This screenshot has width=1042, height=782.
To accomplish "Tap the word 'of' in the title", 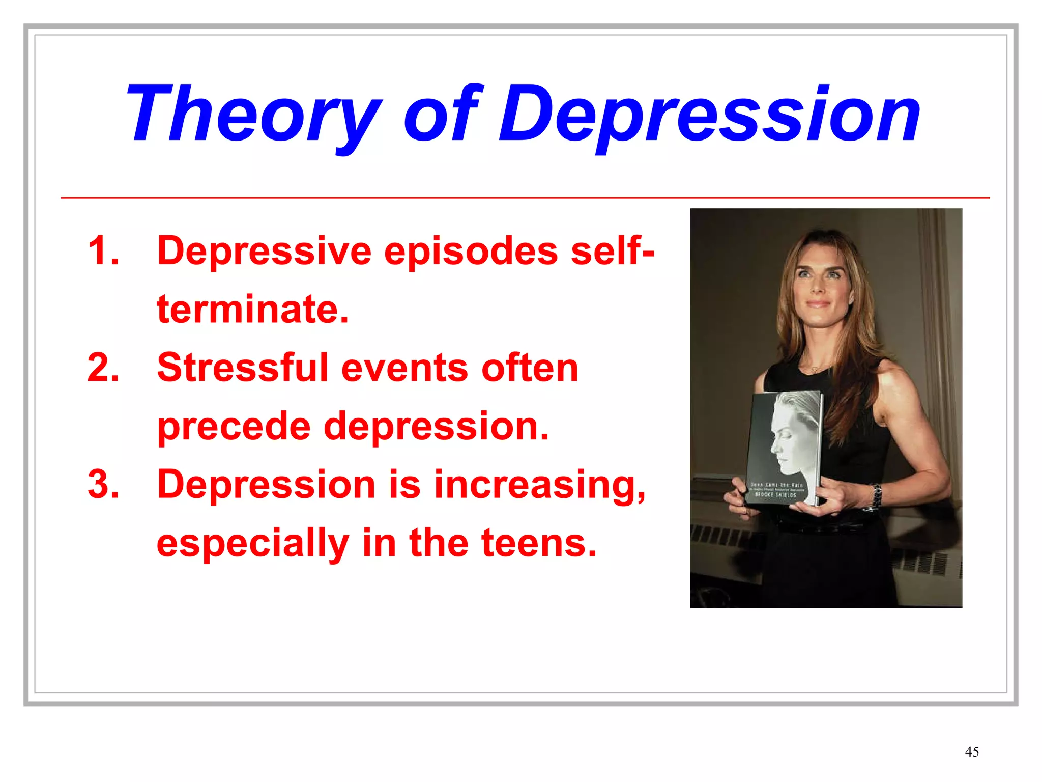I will click(x=441, y=113).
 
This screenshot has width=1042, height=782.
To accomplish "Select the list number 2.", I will click(x=103, y=367).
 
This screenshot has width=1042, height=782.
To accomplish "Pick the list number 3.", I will click(x=103, y=484).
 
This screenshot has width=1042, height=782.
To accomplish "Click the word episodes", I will click(x=471, y=252).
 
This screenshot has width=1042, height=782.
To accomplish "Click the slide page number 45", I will click(x=972, y=752).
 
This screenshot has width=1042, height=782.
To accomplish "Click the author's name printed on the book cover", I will click(x=776, y=494).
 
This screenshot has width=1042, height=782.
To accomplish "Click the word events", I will click(x=405, y=367).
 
